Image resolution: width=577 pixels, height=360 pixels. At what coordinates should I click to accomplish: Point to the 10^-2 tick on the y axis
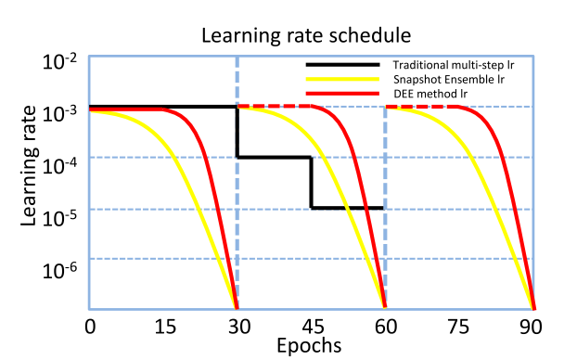(62, 61)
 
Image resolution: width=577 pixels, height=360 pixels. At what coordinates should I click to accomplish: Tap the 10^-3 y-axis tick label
(62, 112)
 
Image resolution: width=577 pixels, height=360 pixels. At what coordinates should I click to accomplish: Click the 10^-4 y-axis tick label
(62, 164)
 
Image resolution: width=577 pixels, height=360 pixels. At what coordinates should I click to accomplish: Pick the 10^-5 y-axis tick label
(62, 217)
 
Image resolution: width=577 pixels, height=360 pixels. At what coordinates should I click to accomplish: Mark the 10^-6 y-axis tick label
(62, 268)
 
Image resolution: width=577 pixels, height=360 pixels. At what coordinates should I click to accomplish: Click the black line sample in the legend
(343, 65)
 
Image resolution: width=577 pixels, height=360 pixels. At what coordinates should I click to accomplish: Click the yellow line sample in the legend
(343, 79)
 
